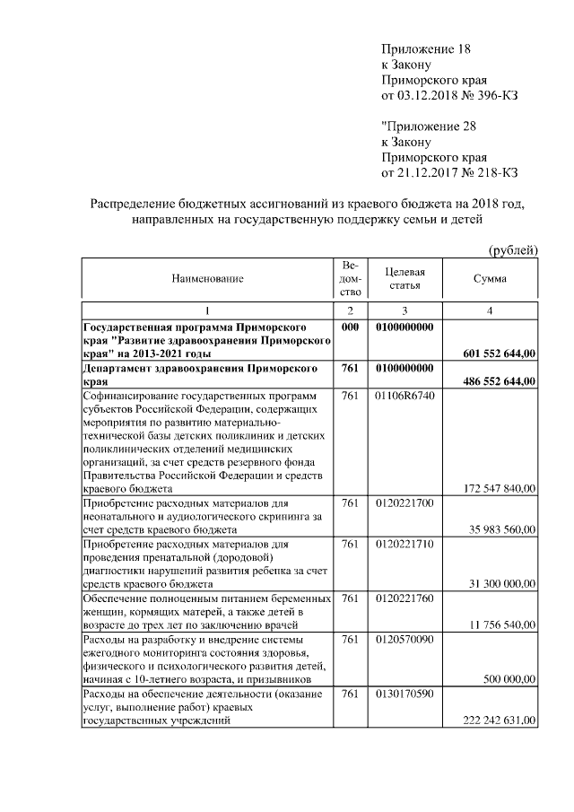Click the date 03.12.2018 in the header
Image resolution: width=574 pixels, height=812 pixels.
pyautogui.click(x=428, y=94)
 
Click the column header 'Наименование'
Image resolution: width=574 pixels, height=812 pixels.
pyautogui.click(x=208, y=279)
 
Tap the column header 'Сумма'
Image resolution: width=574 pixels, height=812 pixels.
pyautogui.click(x=490, y=279)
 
